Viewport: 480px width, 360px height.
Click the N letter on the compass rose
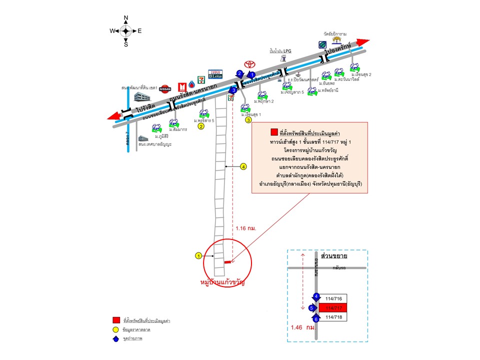coord(126,18)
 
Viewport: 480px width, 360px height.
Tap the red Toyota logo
coord(248,64)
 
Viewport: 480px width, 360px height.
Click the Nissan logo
coord(165,88)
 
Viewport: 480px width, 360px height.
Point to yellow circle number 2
coord(201,126)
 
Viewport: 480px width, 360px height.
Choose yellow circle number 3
coord(248,120)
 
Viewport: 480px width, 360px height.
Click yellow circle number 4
coord(244,166)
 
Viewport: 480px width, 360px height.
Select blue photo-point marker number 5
coord(311,308)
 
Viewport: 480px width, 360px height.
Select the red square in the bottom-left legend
coord(115,319)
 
